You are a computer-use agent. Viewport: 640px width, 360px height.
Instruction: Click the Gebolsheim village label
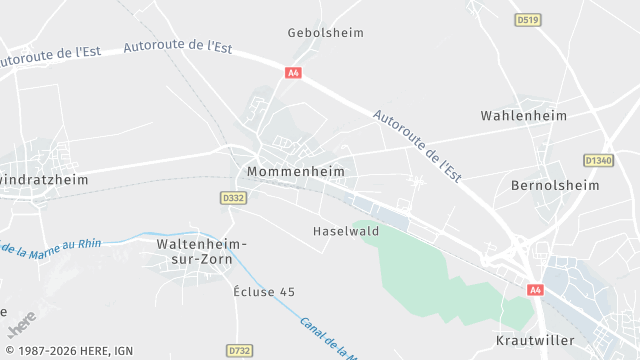325,33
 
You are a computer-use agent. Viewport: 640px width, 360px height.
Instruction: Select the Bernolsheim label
554,186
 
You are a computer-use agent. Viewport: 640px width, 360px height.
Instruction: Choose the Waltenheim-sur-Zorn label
202,251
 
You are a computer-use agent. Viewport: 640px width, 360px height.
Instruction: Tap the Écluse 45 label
264,292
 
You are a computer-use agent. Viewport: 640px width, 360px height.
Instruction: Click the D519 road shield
527,19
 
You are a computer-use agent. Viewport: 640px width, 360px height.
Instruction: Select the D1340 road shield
598,160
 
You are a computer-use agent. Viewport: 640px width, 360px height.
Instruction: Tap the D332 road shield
234,198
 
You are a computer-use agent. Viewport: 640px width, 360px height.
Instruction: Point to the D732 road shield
239,351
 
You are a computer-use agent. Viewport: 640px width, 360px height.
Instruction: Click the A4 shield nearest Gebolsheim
293,72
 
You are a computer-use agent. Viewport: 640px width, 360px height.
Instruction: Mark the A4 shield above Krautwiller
535,290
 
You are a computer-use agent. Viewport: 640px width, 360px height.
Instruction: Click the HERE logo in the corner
21,325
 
